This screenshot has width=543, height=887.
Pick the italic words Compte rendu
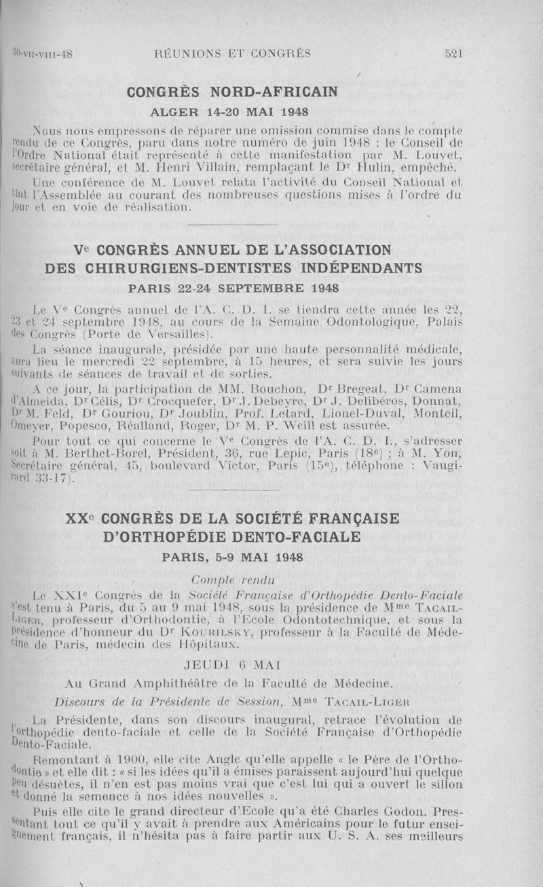pyautogui.click(x=223, y=579)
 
